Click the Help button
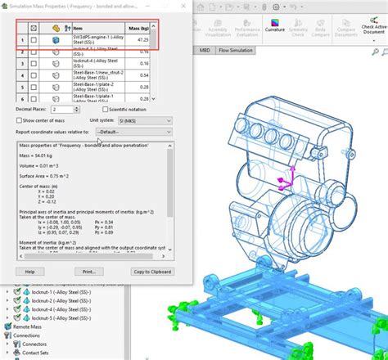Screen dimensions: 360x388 click(x=29, y=271)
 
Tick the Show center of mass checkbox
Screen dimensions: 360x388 click(x=18, y=119)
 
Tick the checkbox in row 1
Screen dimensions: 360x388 click(x=33, y=40)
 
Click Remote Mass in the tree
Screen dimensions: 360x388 click(x=29, y=326)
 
